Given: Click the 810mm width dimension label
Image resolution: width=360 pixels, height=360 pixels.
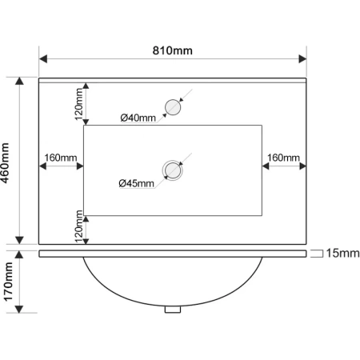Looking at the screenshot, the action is pos(172,50).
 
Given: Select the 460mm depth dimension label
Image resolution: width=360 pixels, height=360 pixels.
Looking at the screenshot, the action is pos(5,163).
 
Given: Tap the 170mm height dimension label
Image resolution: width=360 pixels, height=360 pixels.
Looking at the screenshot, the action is pos(8,282).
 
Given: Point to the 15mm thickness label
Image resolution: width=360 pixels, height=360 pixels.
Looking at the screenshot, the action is pos(342,253).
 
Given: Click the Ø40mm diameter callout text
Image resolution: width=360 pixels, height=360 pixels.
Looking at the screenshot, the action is pos(138,118).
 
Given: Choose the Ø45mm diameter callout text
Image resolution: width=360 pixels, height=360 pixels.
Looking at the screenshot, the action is pos(136,183).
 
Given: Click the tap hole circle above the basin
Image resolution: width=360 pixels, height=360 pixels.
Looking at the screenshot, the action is pos(173,107).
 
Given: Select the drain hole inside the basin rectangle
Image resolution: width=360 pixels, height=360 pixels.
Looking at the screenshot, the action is pos(173,170).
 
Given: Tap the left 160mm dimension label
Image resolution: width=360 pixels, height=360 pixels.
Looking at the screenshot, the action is pos(61,158).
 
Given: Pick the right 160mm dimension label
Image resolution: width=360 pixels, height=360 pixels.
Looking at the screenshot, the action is pos(283,158).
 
